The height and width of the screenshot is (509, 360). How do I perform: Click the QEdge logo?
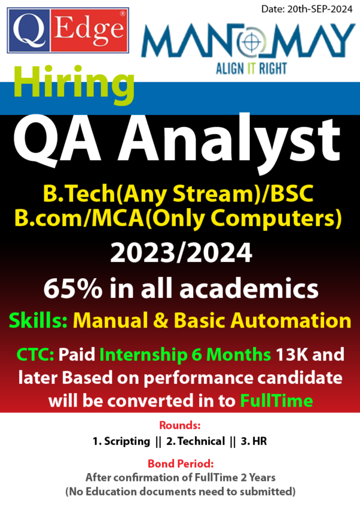(x=68, y=31)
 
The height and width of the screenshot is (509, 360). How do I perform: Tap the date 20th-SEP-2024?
(x=320, y=9)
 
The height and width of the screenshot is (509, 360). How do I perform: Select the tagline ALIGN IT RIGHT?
(x=251, y=68)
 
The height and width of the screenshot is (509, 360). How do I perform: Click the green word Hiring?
(x=74, y=83)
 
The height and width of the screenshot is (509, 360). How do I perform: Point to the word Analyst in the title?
(x=229, y=140)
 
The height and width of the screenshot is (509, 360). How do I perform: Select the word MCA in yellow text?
(x=118, y=218)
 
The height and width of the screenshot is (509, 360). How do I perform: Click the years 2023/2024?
(x=181, y=253)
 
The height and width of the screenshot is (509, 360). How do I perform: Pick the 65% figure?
(x=73, y=288)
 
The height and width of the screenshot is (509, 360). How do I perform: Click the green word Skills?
(x=38, y=320)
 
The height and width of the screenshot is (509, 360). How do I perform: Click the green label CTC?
(x=35, y=354)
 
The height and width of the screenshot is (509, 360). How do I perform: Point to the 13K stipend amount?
(x=290, y=354)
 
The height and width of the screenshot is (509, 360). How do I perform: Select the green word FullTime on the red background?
(x=277, y=401)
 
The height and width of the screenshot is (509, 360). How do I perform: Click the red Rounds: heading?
(x=179, y=425)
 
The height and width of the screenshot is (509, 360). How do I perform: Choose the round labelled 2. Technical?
(x=196, y=441)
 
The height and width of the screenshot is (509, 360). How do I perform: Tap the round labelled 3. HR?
(x=254, y=441)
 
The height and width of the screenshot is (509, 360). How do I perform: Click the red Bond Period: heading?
(x=181, y=463)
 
